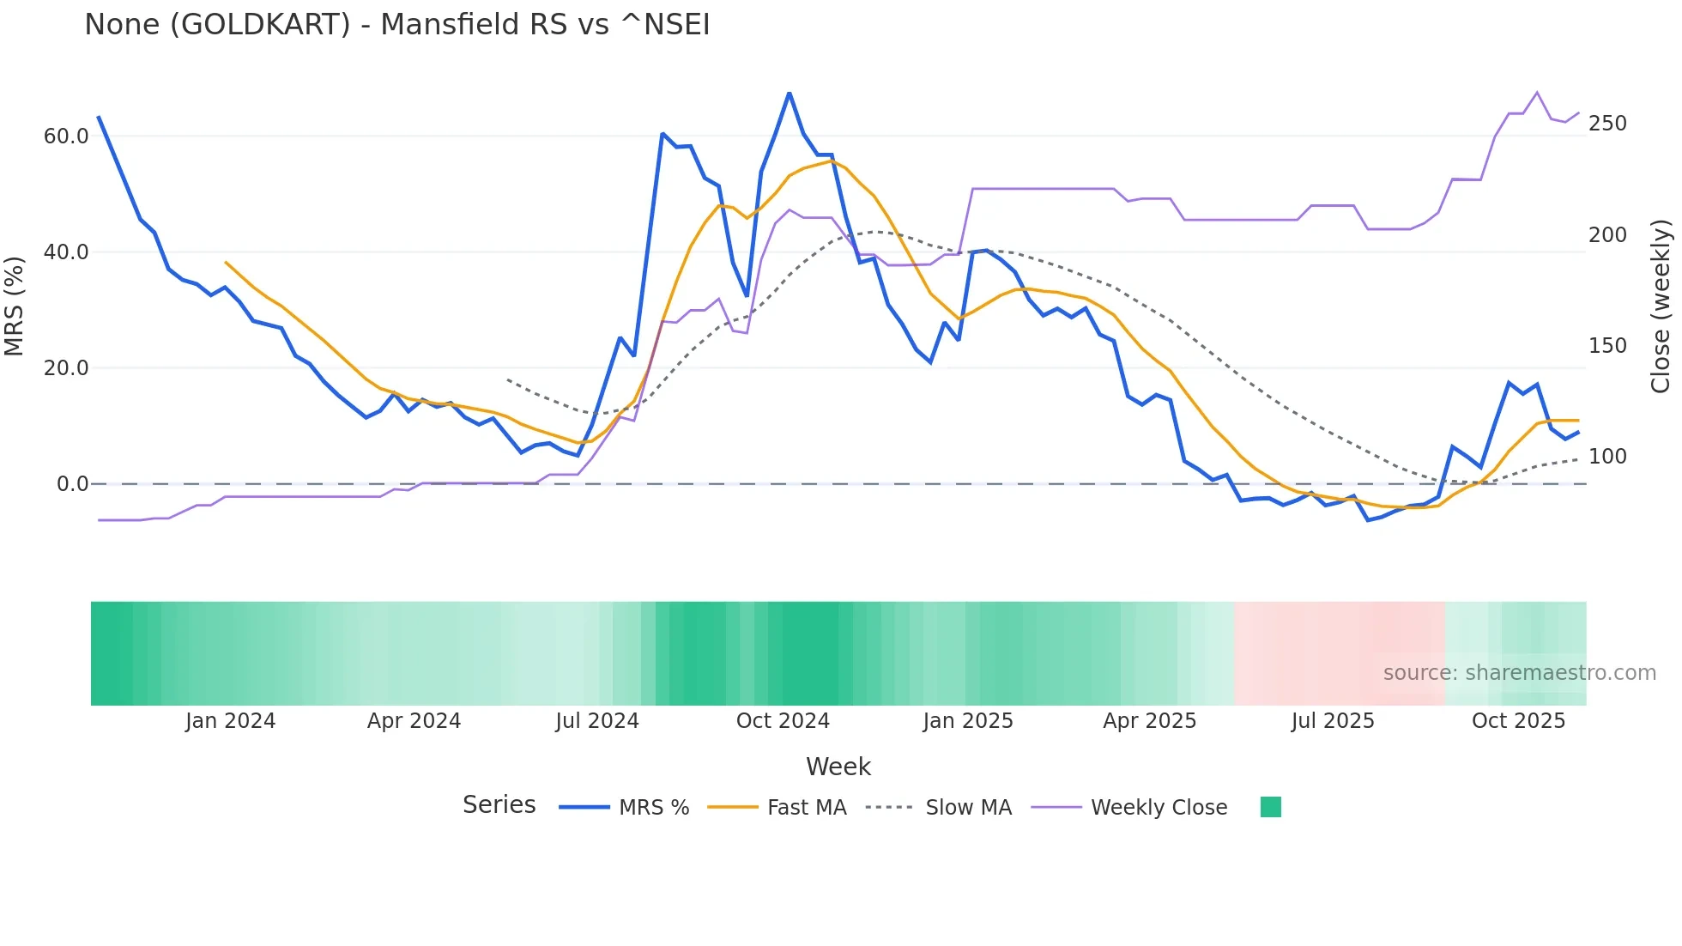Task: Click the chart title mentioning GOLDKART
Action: [396, 25]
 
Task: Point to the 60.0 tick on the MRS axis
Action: [66, 136]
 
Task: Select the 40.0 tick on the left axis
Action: [66, 252]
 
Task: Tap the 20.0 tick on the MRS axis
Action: [66, 368]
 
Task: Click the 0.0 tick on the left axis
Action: [73, 484]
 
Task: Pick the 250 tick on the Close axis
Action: [1607, 124]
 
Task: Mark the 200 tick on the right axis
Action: [1607, 235]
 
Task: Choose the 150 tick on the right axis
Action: [1607, 346]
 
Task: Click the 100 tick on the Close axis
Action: [1607, 457]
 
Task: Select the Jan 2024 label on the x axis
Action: [230, 721]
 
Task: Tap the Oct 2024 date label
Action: [783, 721]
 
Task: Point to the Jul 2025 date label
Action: [1333, 721]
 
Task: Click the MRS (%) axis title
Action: [15, 306]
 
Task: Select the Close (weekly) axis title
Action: [1661, 306]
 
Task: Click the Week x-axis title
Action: [838, 767]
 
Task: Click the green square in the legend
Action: [1271, 807]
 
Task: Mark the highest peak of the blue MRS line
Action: [790, 93]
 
